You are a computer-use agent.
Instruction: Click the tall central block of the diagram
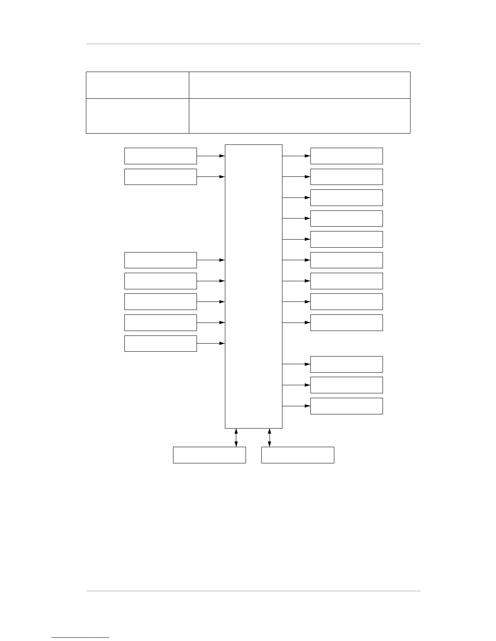pos(253,286)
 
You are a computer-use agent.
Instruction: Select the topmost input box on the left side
pos(160,156)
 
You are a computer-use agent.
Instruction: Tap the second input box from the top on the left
pos(160,177)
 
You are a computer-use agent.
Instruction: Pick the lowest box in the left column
pos(160,344)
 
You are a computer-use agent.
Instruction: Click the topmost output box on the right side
pos(346,156)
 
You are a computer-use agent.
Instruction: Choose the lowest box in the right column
pos(346,406)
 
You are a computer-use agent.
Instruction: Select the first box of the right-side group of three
pos(346,364)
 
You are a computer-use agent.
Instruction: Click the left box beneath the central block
pos(209,455)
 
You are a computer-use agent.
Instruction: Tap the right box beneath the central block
pos(297,455)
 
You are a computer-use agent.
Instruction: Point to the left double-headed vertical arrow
pos(236,437)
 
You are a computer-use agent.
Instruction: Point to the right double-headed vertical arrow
pos(269,437)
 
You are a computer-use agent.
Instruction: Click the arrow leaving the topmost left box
pos(211,156)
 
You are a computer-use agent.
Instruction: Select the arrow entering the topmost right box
pos(296,156)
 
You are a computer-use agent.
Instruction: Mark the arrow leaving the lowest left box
pos(211,344)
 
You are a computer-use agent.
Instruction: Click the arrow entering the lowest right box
pos(296,406)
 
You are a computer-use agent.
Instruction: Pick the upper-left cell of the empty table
pos(137,85)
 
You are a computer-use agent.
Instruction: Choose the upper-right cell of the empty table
pos(299,85)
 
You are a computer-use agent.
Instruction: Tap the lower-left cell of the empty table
pos(137,116)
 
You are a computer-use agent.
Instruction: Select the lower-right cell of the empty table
pos(299,116)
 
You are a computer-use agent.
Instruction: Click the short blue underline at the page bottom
pos(80,637)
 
